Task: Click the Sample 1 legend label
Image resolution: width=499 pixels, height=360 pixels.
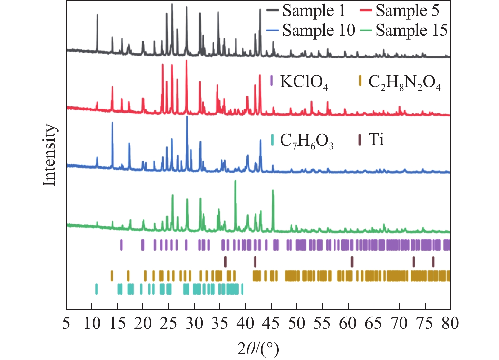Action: tap(313, 11)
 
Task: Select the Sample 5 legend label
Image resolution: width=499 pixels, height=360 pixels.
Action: tap(407, 11)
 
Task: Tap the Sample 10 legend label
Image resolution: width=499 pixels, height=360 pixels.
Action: tap(319, 31)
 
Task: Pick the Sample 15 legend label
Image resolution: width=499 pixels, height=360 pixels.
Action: tap(412, 31)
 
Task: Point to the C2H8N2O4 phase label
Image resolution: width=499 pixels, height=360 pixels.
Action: tap(404, 83)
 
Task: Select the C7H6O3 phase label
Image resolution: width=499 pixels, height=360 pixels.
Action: tap(307, 141)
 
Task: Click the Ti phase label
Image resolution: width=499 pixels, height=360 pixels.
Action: tap(376, 140)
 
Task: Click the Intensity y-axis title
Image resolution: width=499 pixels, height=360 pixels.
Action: tap(50, 155)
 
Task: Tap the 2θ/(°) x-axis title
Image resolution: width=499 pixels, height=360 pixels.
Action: tap(258, 349)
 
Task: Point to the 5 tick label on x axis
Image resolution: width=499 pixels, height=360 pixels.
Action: tap(66, 324)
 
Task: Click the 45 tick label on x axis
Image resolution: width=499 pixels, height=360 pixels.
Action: tap(271, 324)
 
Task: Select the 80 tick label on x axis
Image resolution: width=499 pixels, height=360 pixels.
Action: tap(450, 324)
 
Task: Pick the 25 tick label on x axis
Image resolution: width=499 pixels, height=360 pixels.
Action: tap(169, 324)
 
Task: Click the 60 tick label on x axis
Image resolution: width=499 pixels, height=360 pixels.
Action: tap(348, 324)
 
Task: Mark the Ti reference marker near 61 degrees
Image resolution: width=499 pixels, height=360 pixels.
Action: tap(352, 261)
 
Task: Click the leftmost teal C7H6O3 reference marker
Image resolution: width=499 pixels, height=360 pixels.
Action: tap(96, 289)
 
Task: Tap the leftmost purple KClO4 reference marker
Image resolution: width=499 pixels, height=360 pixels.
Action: tap(122, 244)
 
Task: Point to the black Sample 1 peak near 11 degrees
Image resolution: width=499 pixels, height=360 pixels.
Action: tap(97, 16)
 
